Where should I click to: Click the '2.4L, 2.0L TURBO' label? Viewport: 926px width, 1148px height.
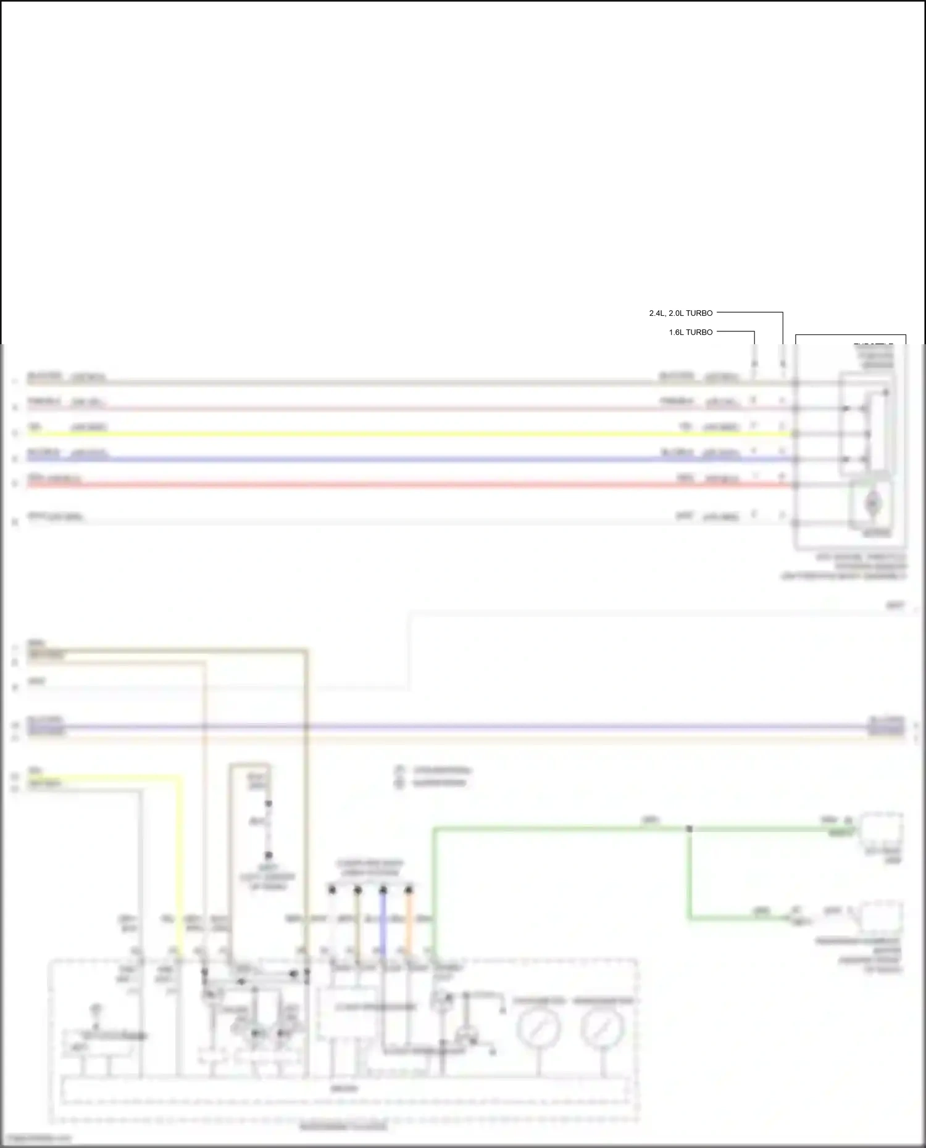coord(680,313)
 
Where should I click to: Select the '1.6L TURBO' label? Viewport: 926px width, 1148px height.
coord(690,332)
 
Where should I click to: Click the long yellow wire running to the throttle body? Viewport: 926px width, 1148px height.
coord(395,434)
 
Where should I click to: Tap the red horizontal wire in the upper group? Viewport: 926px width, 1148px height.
coord(395,485)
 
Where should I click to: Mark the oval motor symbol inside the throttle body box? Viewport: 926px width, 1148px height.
coord(872,504)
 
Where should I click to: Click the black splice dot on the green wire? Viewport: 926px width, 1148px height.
coord(690,829)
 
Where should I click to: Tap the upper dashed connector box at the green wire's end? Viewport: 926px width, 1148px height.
coord(883,831)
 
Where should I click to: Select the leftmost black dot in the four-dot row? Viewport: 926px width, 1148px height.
coord(332,890)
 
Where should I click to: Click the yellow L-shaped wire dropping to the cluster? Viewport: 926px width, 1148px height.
coord(181,864)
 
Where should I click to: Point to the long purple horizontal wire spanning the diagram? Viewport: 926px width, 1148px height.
coord(463,727)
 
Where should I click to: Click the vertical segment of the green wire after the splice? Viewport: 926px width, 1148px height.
coord(690,876)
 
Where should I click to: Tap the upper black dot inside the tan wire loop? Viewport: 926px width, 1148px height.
coord(269,804)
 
